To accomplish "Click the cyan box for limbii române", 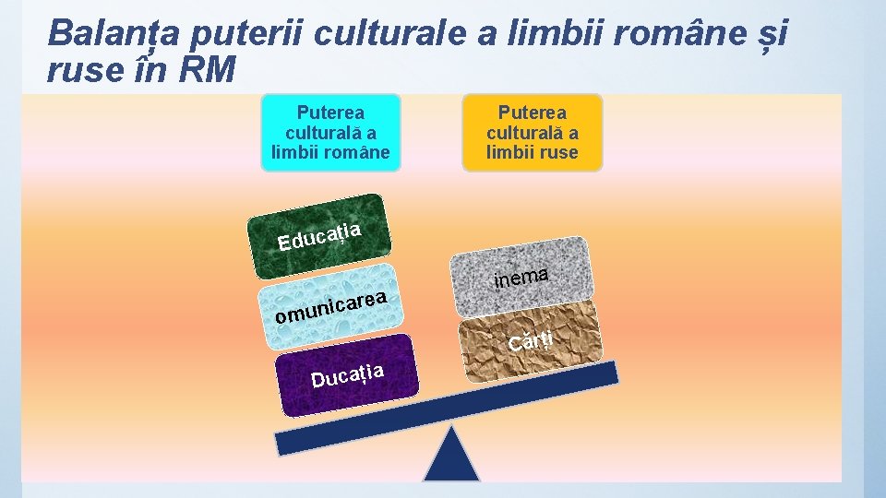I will pyautogui.click(x=330, y=132).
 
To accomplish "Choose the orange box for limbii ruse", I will pyautogui.click(x=533, y=132).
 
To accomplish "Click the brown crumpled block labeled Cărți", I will pyautogui.click(x=531, y=346).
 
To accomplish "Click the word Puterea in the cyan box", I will pyautogui.click(x=330, y=113).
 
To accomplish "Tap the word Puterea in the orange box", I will pyautogui.click(x=533, y=113).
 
